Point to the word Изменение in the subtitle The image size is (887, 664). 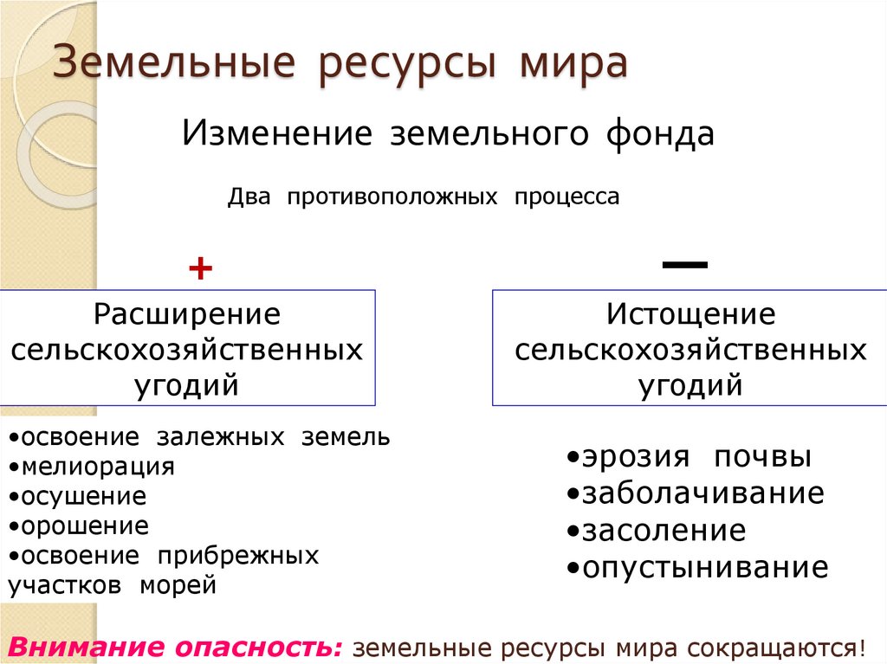tap(276, 134)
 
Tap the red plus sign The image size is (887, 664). tap(200, 268)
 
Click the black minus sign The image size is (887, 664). tap(685, 263)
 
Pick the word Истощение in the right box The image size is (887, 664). tap(690, 313)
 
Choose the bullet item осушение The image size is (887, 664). tap(83, 496)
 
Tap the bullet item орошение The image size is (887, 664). tap(84, 525)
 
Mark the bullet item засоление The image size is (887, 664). tap(663, 530)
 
